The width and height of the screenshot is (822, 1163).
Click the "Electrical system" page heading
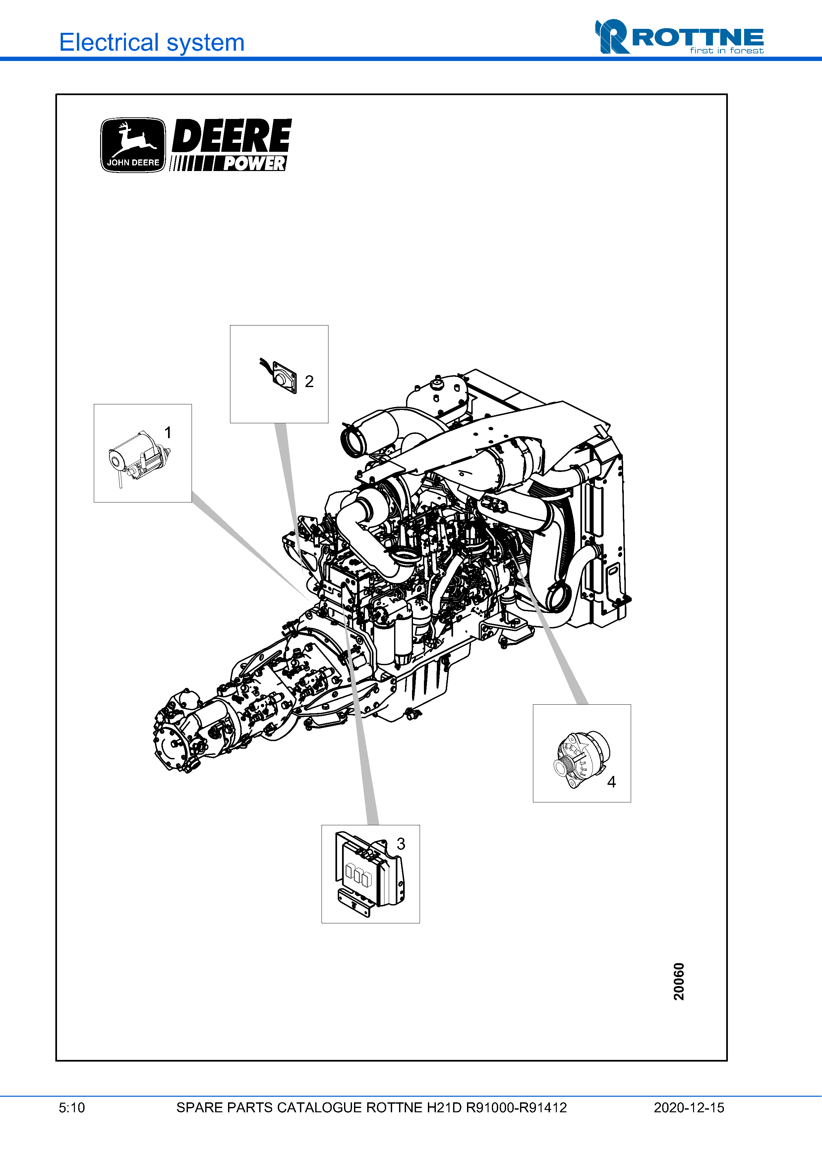click(x=152, y=42)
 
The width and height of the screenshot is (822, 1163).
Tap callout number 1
click(x=168, y=433)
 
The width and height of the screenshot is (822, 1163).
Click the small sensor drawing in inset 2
click(x=279, y=375)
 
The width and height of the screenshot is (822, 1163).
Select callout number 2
click(x=309, y=381)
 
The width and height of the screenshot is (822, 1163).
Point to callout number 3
click(x=401, y=844)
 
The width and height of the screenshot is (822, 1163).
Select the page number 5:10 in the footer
click(x=72, y=1108)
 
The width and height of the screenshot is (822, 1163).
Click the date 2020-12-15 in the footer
click(x=689, y=1108)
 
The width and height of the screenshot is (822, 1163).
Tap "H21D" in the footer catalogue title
click(x=444, y=1108)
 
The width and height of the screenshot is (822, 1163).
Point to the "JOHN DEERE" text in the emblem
click(x=133, y=163)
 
